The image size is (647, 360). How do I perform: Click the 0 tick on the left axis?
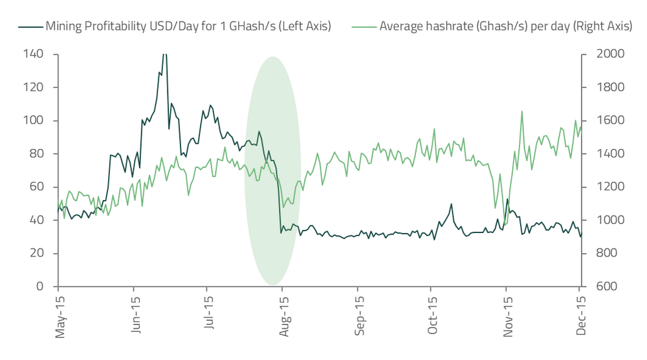click(x=39, y=286)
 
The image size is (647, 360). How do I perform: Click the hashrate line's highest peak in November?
click(x=521, y=111)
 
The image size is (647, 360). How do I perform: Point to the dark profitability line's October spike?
click(x=451, y=204)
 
